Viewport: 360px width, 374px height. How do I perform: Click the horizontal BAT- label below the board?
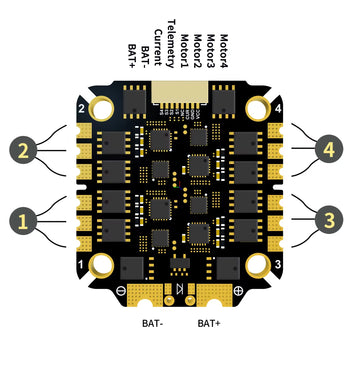coord(152,324)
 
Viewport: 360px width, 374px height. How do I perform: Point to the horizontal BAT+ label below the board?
coord(210,324)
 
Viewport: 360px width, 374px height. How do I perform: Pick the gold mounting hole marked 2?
coord(101,107)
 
